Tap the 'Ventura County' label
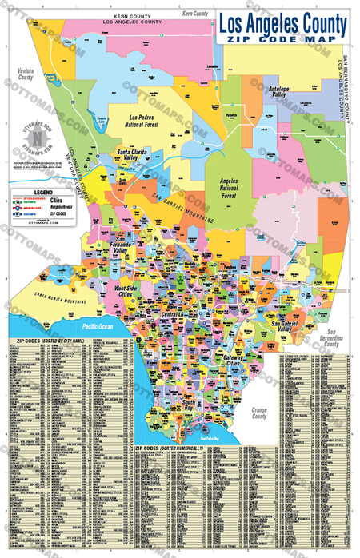20,74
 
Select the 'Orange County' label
258,412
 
